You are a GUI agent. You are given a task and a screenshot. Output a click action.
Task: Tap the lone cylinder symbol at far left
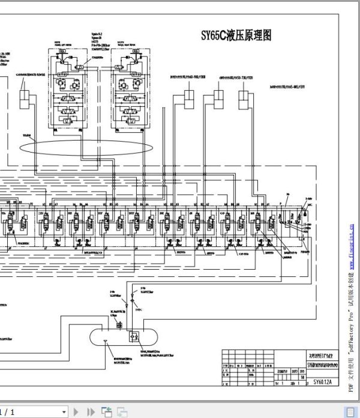tap(25, 98)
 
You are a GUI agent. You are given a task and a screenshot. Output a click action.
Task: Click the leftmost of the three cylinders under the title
tap(190, 99)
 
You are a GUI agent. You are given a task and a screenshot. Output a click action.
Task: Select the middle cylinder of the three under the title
tap(217, 99)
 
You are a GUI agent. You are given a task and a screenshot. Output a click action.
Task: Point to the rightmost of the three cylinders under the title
tap(244, 99)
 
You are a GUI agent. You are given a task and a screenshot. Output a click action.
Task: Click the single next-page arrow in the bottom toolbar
tap(76, 412)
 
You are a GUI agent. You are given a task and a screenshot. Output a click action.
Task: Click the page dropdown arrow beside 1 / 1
tap(64, 412)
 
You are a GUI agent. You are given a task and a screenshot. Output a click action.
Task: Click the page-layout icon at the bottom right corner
tap(349, 412)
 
